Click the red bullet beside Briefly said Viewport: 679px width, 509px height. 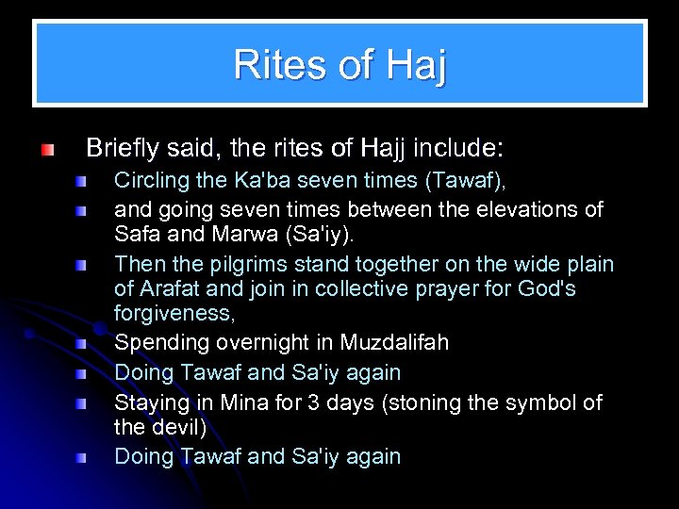[x=47, y=150]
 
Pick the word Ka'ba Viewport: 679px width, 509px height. [x=239, y=180]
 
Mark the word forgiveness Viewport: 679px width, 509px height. [x=172, y=313]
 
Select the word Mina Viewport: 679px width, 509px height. [x=243, y=402]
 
